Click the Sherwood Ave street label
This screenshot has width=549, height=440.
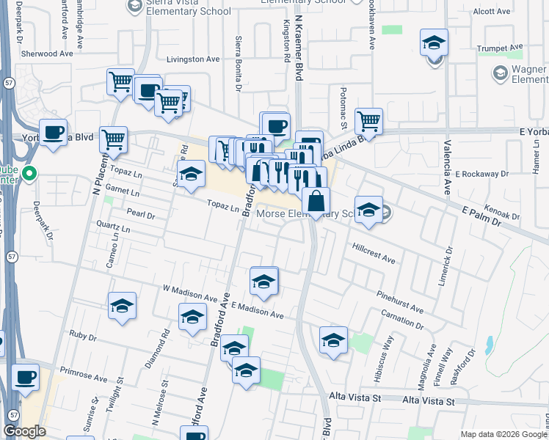[47, 54]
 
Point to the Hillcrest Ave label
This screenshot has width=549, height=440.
[374, 253]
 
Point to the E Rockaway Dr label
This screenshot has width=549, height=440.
[481, 174]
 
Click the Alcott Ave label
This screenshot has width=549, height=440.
[491, 12]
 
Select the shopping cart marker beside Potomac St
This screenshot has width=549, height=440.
[368, 121]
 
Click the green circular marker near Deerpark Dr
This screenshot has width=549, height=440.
[29, 175]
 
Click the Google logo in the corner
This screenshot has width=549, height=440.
[24, 432]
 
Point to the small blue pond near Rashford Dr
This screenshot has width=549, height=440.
[489, 345]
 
